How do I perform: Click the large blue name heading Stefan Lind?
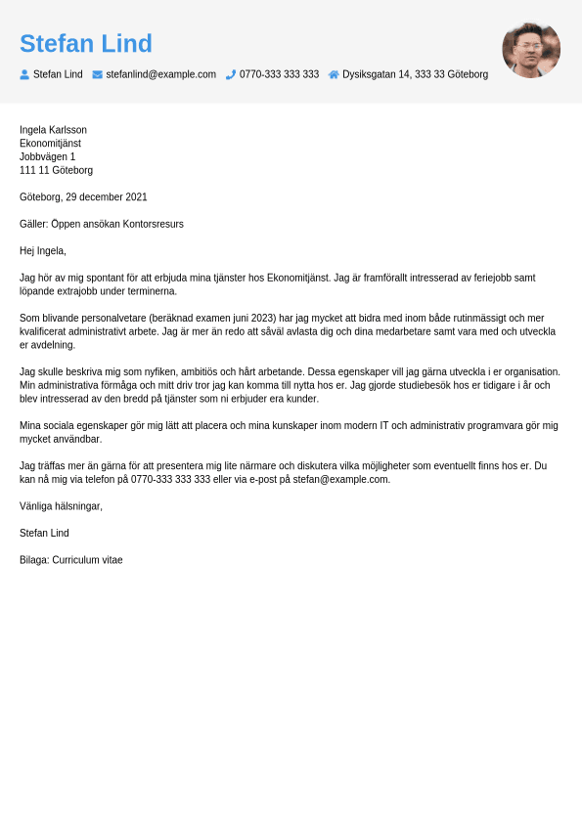(x=86, y=44)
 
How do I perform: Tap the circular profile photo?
(x=531, y=49)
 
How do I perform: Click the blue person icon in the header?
(x=24, y=74)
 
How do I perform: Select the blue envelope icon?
(x=98, y=74)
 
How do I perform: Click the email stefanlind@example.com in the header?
(x=160, y=74)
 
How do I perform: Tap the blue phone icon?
(x=231, y=74)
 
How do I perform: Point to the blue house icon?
(x=334, y=74)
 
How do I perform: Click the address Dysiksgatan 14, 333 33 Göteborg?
(x=415, y=74)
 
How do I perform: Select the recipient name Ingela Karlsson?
(x=53, y=130)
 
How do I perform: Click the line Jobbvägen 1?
(x=47, y=156)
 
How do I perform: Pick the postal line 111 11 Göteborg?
(x=56, y=170)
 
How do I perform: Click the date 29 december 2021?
(x=107, y=197)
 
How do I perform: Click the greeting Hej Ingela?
(x=43, y=251)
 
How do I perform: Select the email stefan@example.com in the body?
(x=340, y=480)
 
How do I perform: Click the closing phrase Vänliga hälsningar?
(x=61, y=506)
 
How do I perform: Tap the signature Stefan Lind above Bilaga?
(x=44, y=534)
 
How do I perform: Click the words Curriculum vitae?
(x=87, y=560)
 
